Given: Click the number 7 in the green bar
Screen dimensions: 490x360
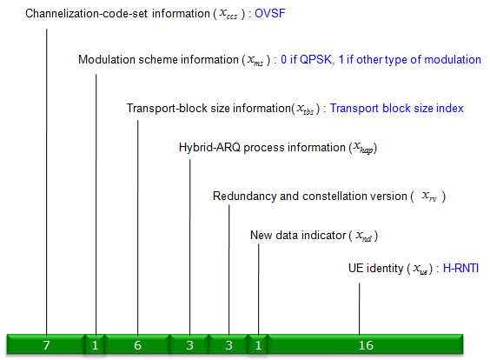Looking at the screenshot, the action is coord(46,345).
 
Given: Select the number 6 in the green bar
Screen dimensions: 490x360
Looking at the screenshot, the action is coord(137,345).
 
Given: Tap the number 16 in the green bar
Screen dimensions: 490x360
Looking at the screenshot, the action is coord(366,345).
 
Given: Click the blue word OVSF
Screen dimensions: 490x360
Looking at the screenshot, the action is coord(270,13).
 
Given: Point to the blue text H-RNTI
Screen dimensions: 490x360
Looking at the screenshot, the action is coord(461,268).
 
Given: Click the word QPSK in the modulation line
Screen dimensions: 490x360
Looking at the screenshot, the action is coord(315,59).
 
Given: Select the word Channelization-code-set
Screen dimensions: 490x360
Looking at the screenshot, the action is coord(86,13).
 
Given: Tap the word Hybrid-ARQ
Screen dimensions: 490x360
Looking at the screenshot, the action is coord(209,147).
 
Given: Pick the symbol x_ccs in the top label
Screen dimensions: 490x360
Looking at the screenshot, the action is coord(228,14).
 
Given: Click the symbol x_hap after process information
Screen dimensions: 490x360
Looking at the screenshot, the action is coord(363,147).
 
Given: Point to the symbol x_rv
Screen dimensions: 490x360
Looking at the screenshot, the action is coord(429,197).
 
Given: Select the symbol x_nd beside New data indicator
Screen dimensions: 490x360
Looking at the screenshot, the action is coord(364,236).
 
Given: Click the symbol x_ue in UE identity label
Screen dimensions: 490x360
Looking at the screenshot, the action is coord(420,269).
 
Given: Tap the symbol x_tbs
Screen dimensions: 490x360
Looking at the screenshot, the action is coord(305,109).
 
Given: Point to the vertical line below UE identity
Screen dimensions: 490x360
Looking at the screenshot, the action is coord(360,309).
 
